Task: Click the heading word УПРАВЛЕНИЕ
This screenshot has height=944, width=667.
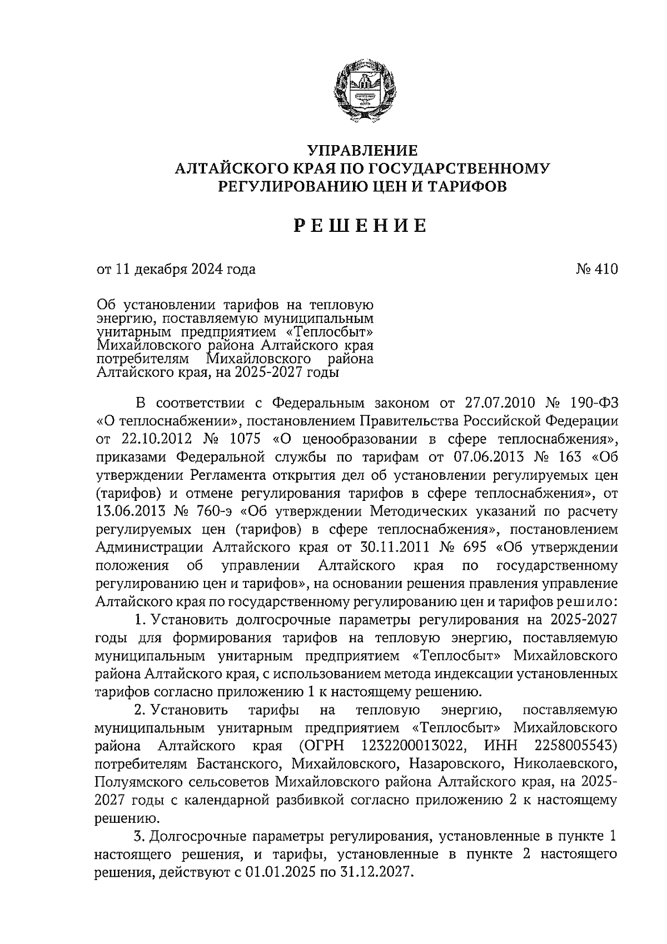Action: point(362,151)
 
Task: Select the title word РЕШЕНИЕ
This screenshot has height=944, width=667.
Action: point(360,226)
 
